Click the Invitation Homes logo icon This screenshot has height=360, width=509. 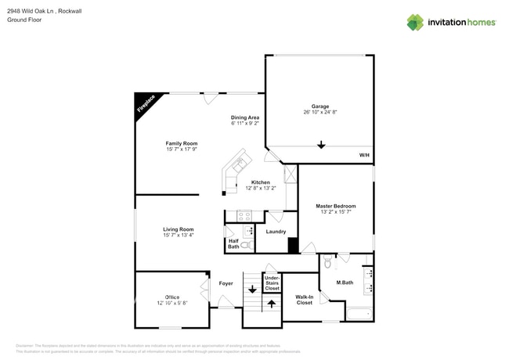[414, 22]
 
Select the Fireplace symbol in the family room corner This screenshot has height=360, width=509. [146, 104]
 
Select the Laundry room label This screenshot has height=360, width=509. [276, 232]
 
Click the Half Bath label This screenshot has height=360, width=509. [233, 244]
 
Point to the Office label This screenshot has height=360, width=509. [172, 297]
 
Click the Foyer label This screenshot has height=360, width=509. [226, 283]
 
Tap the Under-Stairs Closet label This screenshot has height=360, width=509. [272, 283]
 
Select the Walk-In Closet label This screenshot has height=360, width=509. [304, 300]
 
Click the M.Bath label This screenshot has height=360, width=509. [345, 283]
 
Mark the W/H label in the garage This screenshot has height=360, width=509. [364, 156]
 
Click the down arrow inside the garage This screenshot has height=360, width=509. [321, 144]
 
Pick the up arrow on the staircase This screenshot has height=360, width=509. [272, 304]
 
